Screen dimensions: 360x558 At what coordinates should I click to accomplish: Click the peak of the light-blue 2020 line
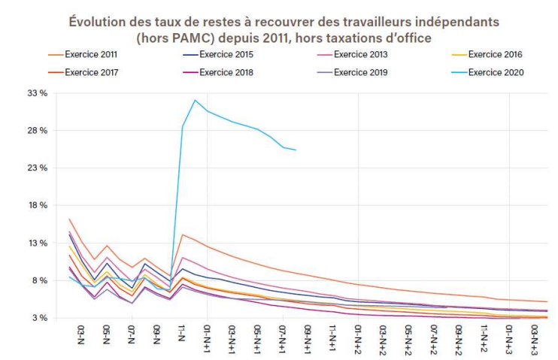(x=195, y=100)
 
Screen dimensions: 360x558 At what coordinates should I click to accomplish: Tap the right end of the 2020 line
(x=296, y=150)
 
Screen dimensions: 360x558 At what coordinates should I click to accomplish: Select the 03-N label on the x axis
(x=82, y=333)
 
